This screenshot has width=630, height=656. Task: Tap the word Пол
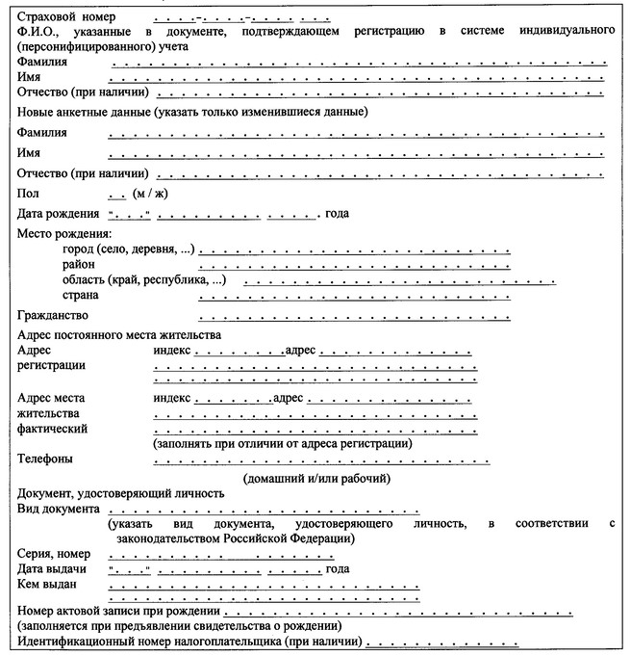click(28, 193)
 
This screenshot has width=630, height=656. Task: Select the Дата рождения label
click(59, 212)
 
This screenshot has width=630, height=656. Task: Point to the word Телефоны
click(46, 459)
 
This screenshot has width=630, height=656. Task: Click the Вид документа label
click(59, 508)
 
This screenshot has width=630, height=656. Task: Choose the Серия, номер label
click(54, 554)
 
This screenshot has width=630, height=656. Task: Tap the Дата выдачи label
click(52, 568)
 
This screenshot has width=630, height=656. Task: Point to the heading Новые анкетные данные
click(190, 112)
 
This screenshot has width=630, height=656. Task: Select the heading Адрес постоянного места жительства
click(119, 334)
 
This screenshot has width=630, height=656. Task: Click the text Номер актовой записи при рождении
click(119, 612)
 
